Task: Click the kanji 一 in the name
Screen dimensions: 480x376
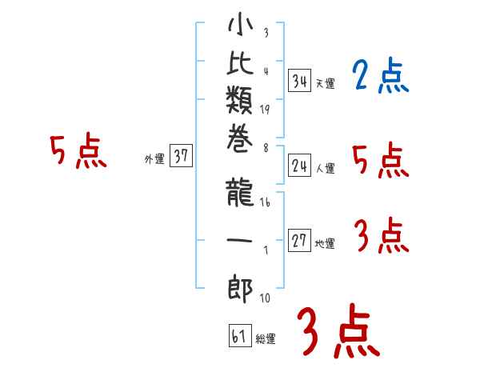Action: pyautogui.click(x=240, y=241)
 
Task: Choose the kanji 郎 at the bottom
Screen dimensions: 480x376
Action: pyautogui.click(x=240, y=286)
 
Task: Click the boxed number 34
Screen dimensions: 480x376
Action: pyautogui.click(x=300, y=80)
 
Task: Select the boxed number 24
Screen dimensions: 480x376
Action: pyautogui.click(x=300, y=166)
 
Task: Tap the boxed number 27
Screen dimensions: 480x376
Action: pyautogui.click(x=300, y=241)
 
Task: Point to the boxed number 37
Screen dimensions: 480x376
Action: pyautogui.click(x=181, y=157)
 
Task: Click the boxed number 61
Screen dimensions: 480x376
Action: pyautogui.click(x=239, y=336)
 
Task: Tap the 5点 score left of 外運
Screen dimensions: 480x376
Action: pyautogui.click(x=78, y=152)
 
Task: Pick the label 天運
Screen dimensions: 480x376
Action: pyautogui.click(x=325, y=83)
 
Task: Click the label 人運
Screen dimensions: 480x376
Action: pyautogui.click(x=325, y=169)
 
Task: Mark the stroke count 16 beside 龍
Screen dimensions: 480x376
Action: pyautogui.click(x=265, y=203)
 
